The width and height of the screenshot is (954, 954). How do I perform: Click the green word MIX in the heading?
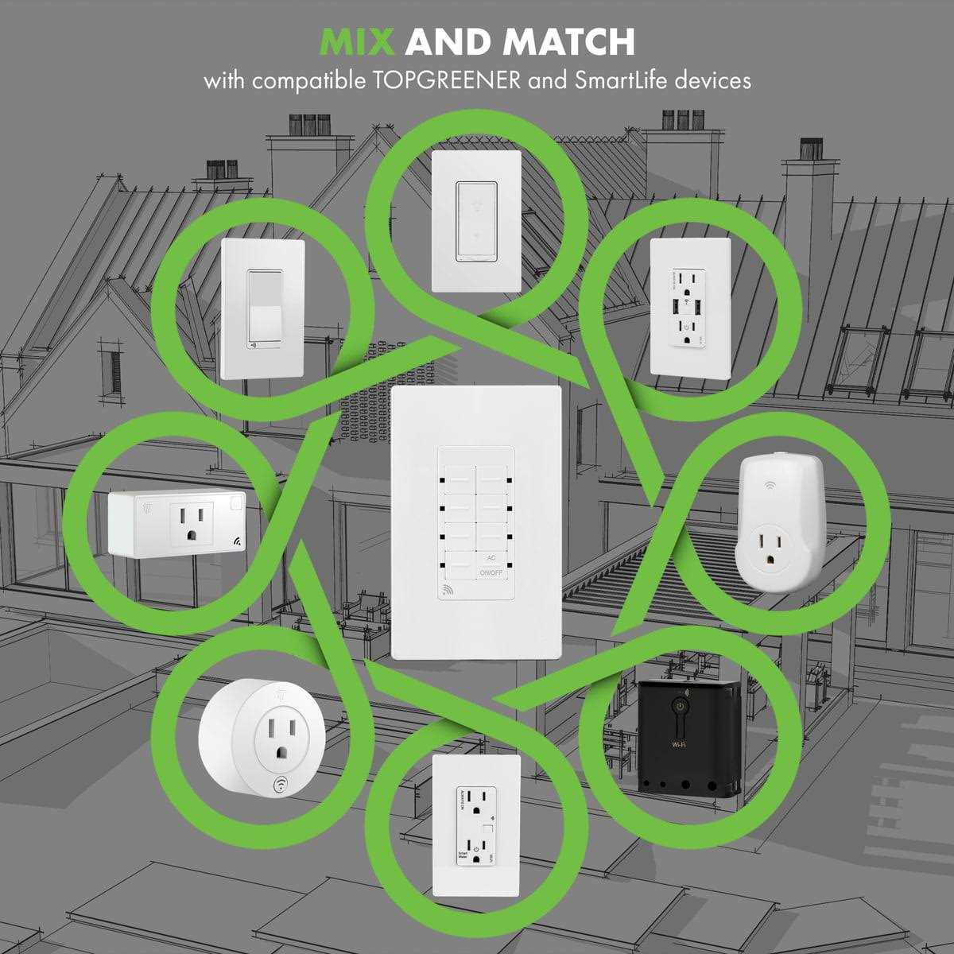point(357,41)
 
